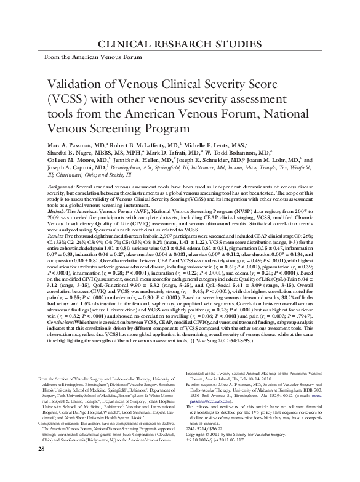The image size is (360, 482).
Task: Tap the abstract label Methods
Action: [57, 209]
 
